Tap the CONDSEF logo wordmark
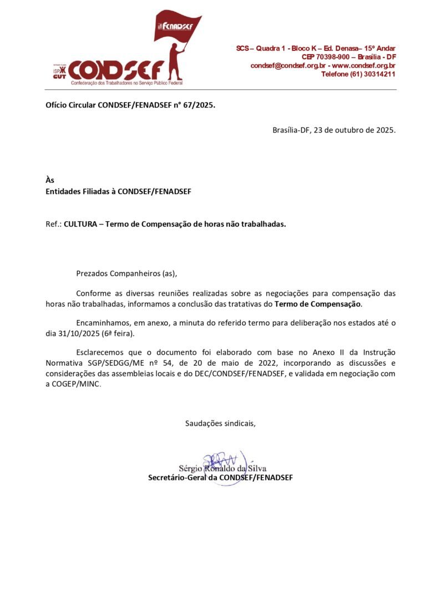click(116, 70)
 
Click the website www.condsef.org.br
click(364, 65)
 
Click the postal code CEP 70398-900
click(324, 57)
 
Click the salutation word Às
click(50, 180)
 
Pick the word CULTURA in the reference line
click(83, 225)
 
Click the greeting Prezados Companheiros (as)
click(126, 273)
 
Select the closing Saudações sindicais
click(220, 424)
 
